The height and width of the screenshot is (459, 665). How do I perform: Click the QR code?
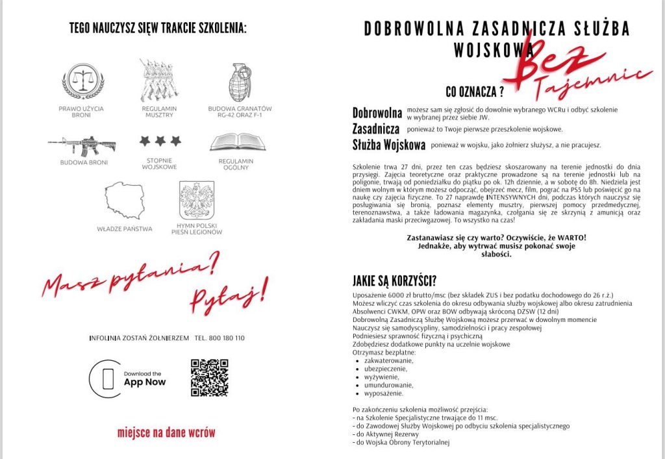point(209,377)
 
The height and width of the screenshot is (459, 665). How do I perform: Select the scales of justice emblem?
point(82,81)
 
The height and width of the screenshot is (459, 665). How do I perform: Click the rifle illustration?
point(82,145)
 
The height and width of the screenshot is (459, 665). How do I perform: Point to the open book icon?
point(238,142)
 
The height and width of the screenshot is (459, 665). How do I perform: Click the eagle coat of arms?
point(196,201)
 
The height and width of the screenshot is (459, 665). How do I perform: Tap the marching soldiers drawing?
point(158,81)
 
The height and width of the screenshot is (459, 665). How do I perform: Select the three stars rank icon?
point(158,141)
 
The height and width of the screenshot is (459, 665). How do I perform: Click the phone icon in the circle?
point(105,378)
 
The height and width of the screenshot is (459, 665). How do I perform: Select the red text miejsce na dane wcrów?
point(166,432)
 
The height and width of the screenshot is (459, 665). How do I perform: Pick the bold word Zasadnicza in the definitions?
point(375,129)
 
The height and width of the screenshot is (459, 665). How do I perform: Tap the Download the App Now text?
point(144,378)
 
